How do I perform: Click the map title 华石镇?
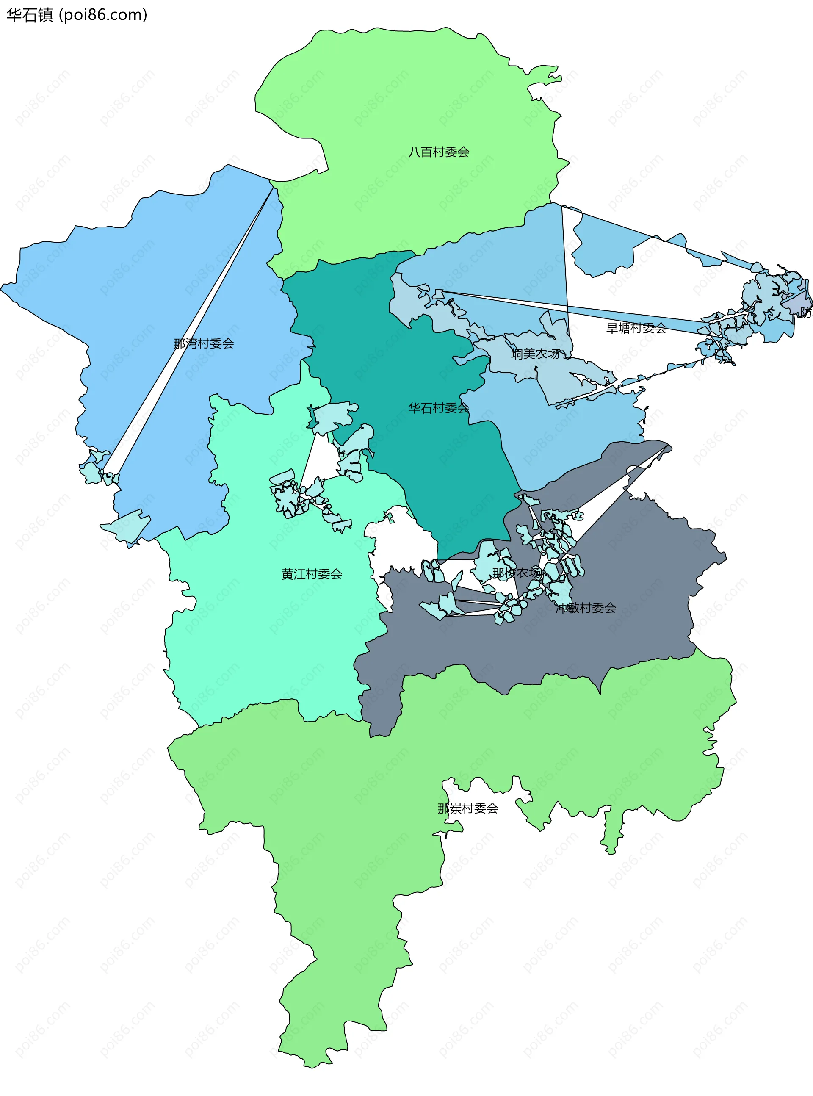pos(30,15)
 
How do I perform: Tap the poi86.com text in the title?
pos(103,15)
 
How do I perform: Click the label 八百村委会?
pos(439,152)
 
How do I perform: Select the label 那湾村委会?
pos(203,343)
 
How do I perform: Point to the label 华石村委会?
pos(439,407)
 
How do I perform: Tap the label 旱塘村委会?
pos(636,328)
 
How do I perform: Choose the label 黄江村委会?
pos(312,574)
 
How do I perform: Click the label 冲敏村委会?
pos(586,608)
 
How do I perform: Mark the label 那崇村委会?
pos(467,808)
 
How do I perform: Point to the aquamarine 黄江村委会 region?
pos(276,640)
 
